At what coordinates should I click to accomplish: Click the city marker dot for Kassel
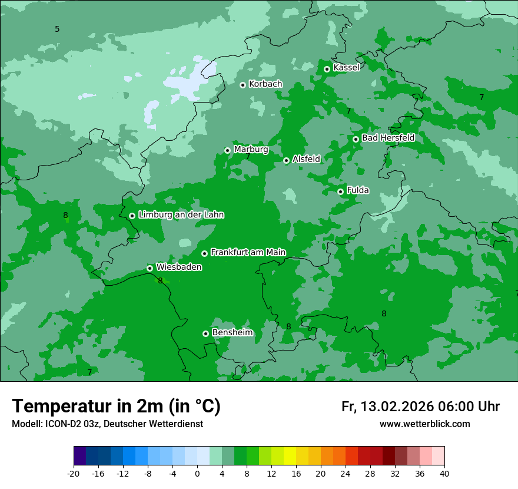click(327, 69)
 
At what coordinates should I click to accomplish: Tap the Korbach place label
click(265, 84)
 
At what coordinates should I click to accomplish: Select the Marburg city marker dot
click(227, 150)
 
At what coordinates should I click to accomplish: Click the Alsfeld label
click(306, 159)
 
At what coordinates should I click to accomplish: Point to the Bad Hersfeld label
click(388, 138)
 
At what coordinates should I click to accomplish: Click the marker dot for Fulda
click(340, 191)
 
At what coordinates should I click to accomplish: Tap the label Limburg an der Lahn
click(181, 215)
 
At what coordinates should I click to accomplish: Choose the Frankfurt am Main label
click(248, 252)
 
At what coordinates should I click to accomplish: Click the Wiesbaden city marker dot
click(150, 268)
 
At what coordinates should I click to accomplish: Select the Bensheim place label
click(232, 333)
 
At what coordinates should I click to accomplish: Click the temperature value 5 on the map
click(57, 29)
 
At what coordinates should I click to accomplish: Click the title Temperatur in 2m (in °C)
click(116, 407)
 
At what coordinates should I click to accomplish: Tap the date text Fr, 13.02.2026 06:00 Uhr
click(420, 407)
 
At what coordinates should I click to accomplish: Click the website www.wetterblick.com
click(424, 424)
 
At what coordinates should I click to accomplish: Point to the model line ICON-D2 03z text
click(107, 424)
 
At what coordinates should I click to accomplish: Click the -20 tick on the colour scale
click(74, 473)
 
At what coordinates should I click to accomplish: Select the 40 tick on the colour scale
click(444, 473)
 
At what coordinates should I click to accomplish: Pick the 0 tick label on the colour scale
click(197, 473)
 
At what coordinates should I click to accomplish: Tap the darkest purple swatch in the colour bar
click(80, 456)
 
